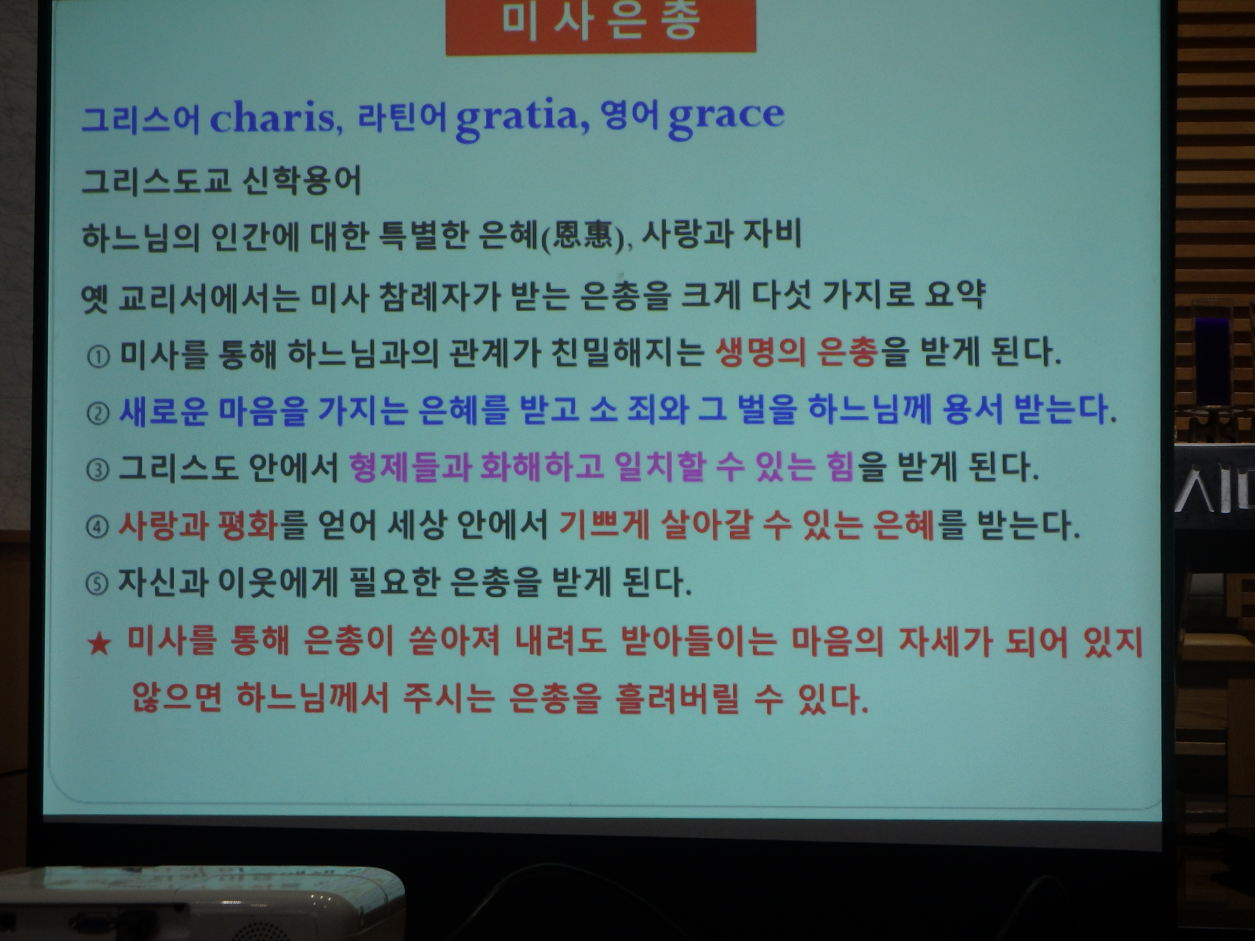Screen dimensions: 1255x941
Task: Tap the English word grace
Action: tap(726, 119)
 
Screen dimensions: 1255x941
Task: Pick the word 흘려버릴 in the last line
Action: tap(677, 698)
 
